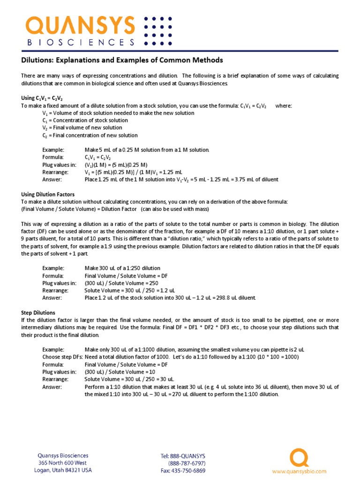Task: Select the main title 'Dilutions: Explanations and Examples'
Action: click(122, 60)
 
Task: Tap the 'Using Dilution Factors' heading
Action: click(48, 194)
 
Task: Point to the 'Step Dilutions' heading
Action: click(38, 312)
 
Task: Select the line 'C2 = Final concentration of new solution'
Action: click(90, 135)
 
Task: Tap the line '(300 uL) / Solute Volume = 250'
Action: click(122, 283)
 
